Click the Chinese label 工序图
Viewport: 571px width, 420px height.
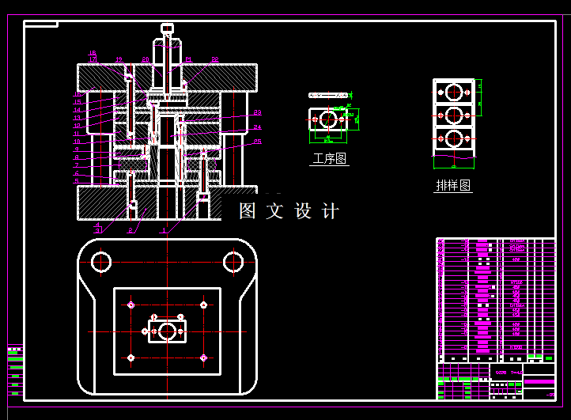coord(330,159)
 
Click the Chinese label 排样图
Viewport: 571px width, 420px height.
coord(453,186)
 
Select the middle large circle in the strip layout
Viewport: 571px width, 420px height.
coord(454,115)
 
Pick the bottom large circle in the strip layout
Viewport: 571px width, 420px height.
coord(454,139)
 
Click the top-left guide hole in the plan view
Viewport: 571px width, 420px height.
coord(101,262)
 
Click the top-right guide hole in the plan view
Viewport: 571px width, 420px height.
coord(233,262)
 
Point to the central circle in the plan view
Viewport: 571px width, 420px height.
coord(167,331)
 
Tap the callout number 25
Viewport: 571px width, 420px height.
coord(258,142)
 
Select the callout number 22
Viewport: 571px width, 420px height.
coord(214,59)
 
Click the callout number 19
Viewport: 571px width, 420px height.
coord(119,59)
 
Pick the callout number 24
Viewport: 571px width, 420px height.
coord(258,127)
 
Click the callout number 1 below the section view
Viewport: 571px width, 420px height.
coord(163,231)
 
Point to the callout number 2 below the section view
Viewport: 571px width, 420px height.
coord(130,231)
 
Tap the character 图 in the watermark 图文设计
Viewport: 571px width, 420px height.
coord(248,211)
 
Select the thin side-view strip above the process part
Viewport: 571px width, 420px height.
coord(329,95)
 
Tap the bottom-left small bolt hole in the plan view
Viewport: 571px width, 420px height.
coord(130,358)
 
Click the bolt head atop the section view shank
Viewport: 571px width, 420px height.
coord(167,28)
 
